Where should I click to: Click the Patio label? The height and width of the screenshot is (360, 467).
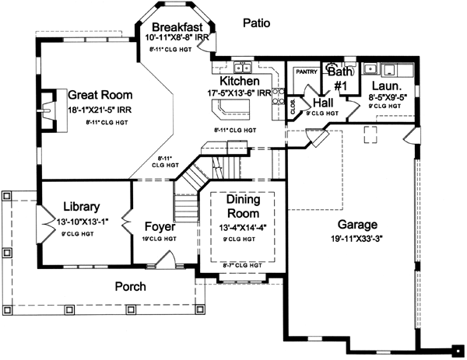pyautogui.click(x=255, y=23)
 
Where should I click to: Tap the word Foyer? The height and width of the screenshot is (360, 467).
pyautogui.click(x=160, y=227)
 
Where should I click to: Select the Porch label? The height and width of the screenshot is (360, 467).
pyautogui.click(x=130, y=287)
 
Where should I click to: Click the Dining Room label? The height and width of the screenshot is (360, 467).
pyautogui.click(x=243, y=207)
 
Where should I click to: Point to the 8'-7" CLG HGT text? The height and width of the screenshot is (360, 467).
pyautogui.click(x=243, y=266)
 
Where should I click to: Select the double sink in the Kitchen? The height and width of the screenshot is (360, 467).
pyautogui.click(x=244, y=67)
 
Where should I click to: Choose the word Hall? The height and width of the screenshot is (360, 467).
pyautogui.click(x=324, y=101)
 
